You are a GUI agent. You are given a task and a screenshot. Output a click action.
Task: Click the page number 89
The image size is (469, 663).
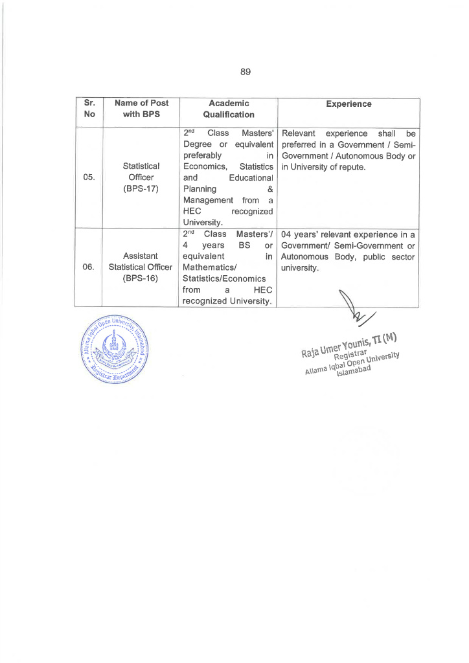[x=245, y=72]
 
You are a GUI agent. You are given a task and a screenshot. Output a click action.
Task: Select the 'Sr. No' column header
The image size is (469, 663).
[x=89, y=109]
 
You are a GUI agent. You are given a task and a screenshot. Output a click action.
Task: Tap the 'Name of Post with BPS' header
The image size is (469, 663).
[x=141, y=109]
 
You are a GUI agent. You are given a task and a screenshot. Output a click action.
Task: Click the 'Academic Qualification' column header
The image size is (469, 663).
[x=228, y=109]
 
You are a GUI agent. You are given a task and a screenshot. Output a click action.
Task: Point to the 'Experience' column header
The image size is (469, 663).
[x=349, y=104]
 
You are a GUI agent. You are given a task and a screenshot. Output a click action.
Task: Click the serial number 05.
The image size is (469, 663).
[x=89, y=177]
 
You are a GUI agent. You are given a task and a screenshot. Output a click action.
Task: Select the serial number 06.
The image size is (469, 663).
[x=89, y=267]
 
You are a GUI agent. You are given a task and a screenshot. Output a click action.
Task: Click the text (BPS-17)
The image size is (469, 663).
[x=141, y=189]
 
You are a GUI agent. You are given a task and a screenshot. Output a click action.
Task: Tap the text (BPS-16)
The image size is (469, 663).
[x=141, y=278]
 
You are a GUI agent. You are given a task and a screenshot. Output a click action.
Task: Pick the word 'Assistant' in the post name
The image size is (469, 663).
[x=141, y=256]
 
